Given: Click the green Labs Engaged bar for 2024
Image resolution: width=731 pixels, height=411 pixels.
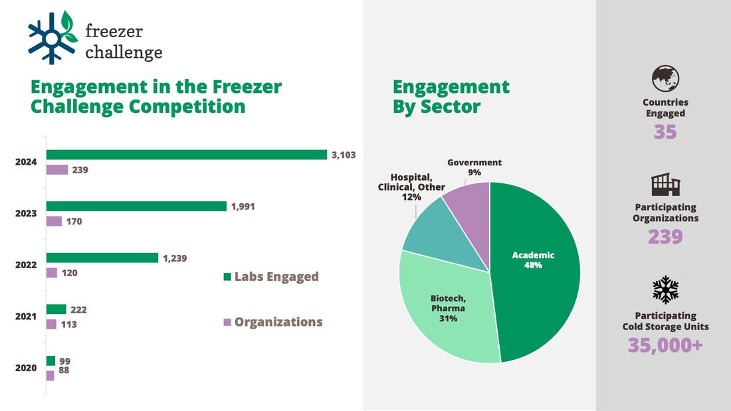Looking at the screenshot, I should click(186, 155).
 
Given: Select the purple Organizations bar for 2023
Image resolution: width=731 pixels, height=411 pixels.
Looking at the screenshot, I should click(54, 221).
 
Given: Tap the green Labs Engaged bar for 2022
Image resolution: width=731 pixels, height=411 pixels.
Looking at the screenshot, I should click(102, 258).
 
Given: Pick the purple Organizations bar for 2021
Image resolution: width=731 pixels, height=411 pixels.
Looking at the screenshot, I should click(51, 324).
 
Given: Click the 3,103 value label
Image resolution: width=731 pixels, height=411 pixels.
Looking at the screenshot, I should click(344, 155).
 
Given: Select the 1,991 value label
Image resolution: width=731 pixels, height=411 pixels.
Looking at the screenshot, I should click(243, 206).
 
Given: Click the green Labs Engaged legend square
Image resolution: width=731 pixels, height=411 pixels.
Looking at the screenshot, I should click(227, 277).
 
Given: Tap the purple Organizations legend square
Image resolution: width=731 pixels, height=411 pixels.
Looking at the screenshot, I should click(227, 322).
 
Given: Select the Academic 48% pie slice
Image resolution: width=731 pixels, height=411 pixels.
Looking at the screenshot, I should click(538, 266).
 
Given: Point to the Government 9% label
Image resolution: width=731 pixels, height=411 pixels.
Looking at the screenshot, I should click(474, 167).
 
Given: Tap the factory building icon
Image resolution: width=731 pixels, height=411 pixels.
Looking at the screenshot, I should click(665, 184).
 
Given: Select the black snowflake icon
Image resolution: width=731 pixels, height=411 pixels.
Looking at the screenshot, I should click(665, 289).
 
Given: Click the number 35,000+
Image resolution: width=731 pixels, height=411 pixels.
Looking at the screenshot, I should click(665, 345).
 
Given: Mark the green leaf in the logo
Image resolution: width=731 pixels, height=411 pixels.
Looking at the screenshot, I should click(68, 21).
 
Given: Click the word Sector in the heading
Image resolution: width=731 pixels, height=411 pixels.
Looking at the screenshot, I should click(451, 106).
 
